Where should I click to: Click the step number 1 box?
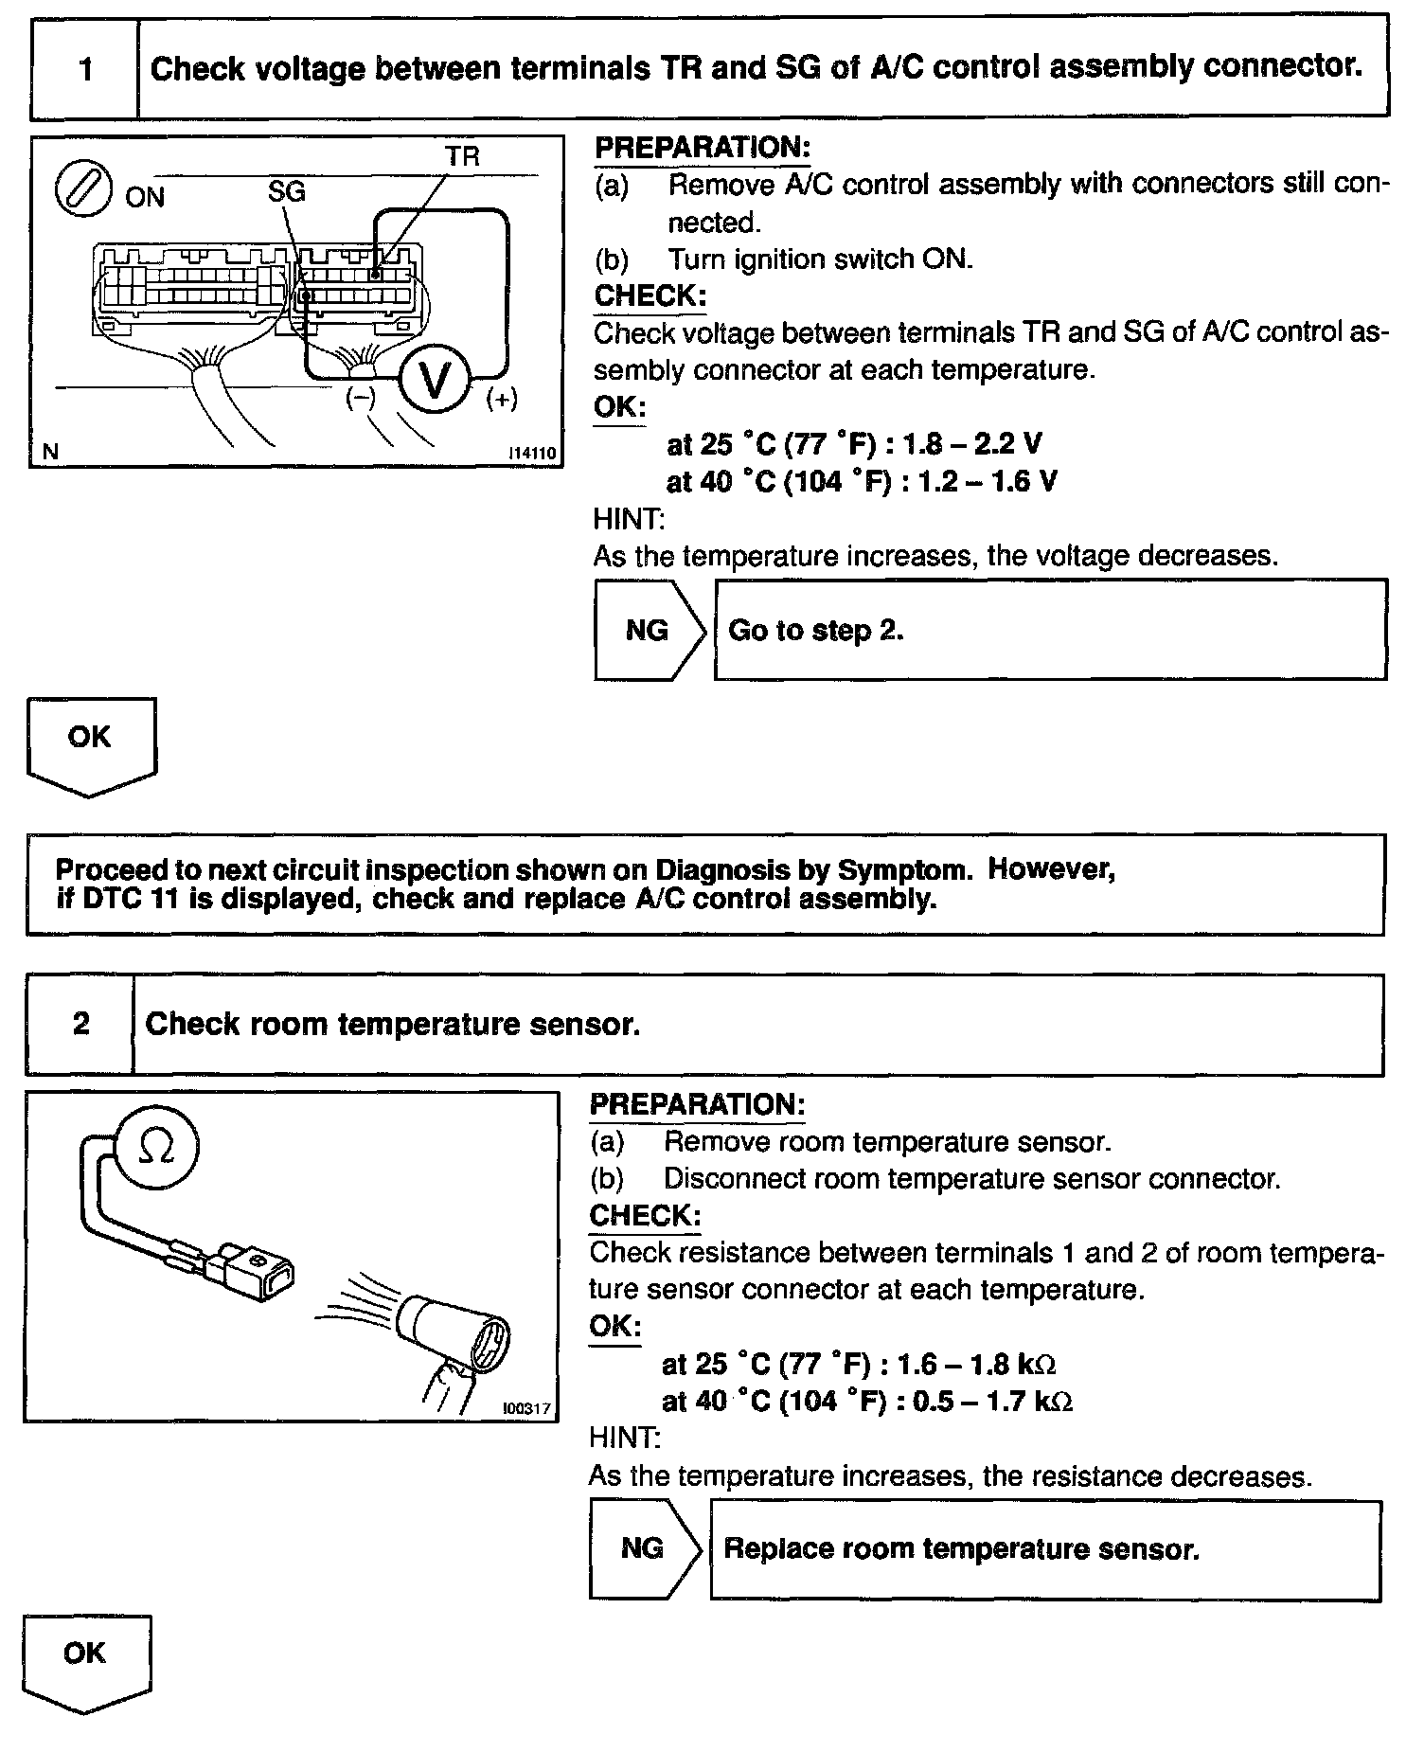(x=85, y=69)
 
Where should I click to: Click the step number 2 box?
(x=80, y=1024)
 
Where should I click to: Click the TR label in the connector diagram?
(x=462, y=155)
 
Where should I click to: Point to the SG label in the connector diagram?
(x=286, y=191)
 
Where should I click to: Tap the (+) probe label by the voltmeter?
(x=501, y=400)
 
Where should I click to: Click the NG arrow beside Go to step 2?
(x=649, y=631)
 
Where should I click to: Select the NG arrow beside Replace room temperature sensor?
(x=644, y=1548)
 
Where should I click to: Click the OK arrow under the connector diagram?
(x=91, y=743)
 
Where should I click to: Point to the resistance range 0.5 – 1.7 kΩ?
(x=992, y=1401)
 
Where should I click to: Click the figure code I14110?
(x=531, y=455)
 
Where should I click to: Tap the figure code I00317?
(x=526, y=1408)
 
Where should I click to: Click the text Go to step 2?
(x=815, y=631)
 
